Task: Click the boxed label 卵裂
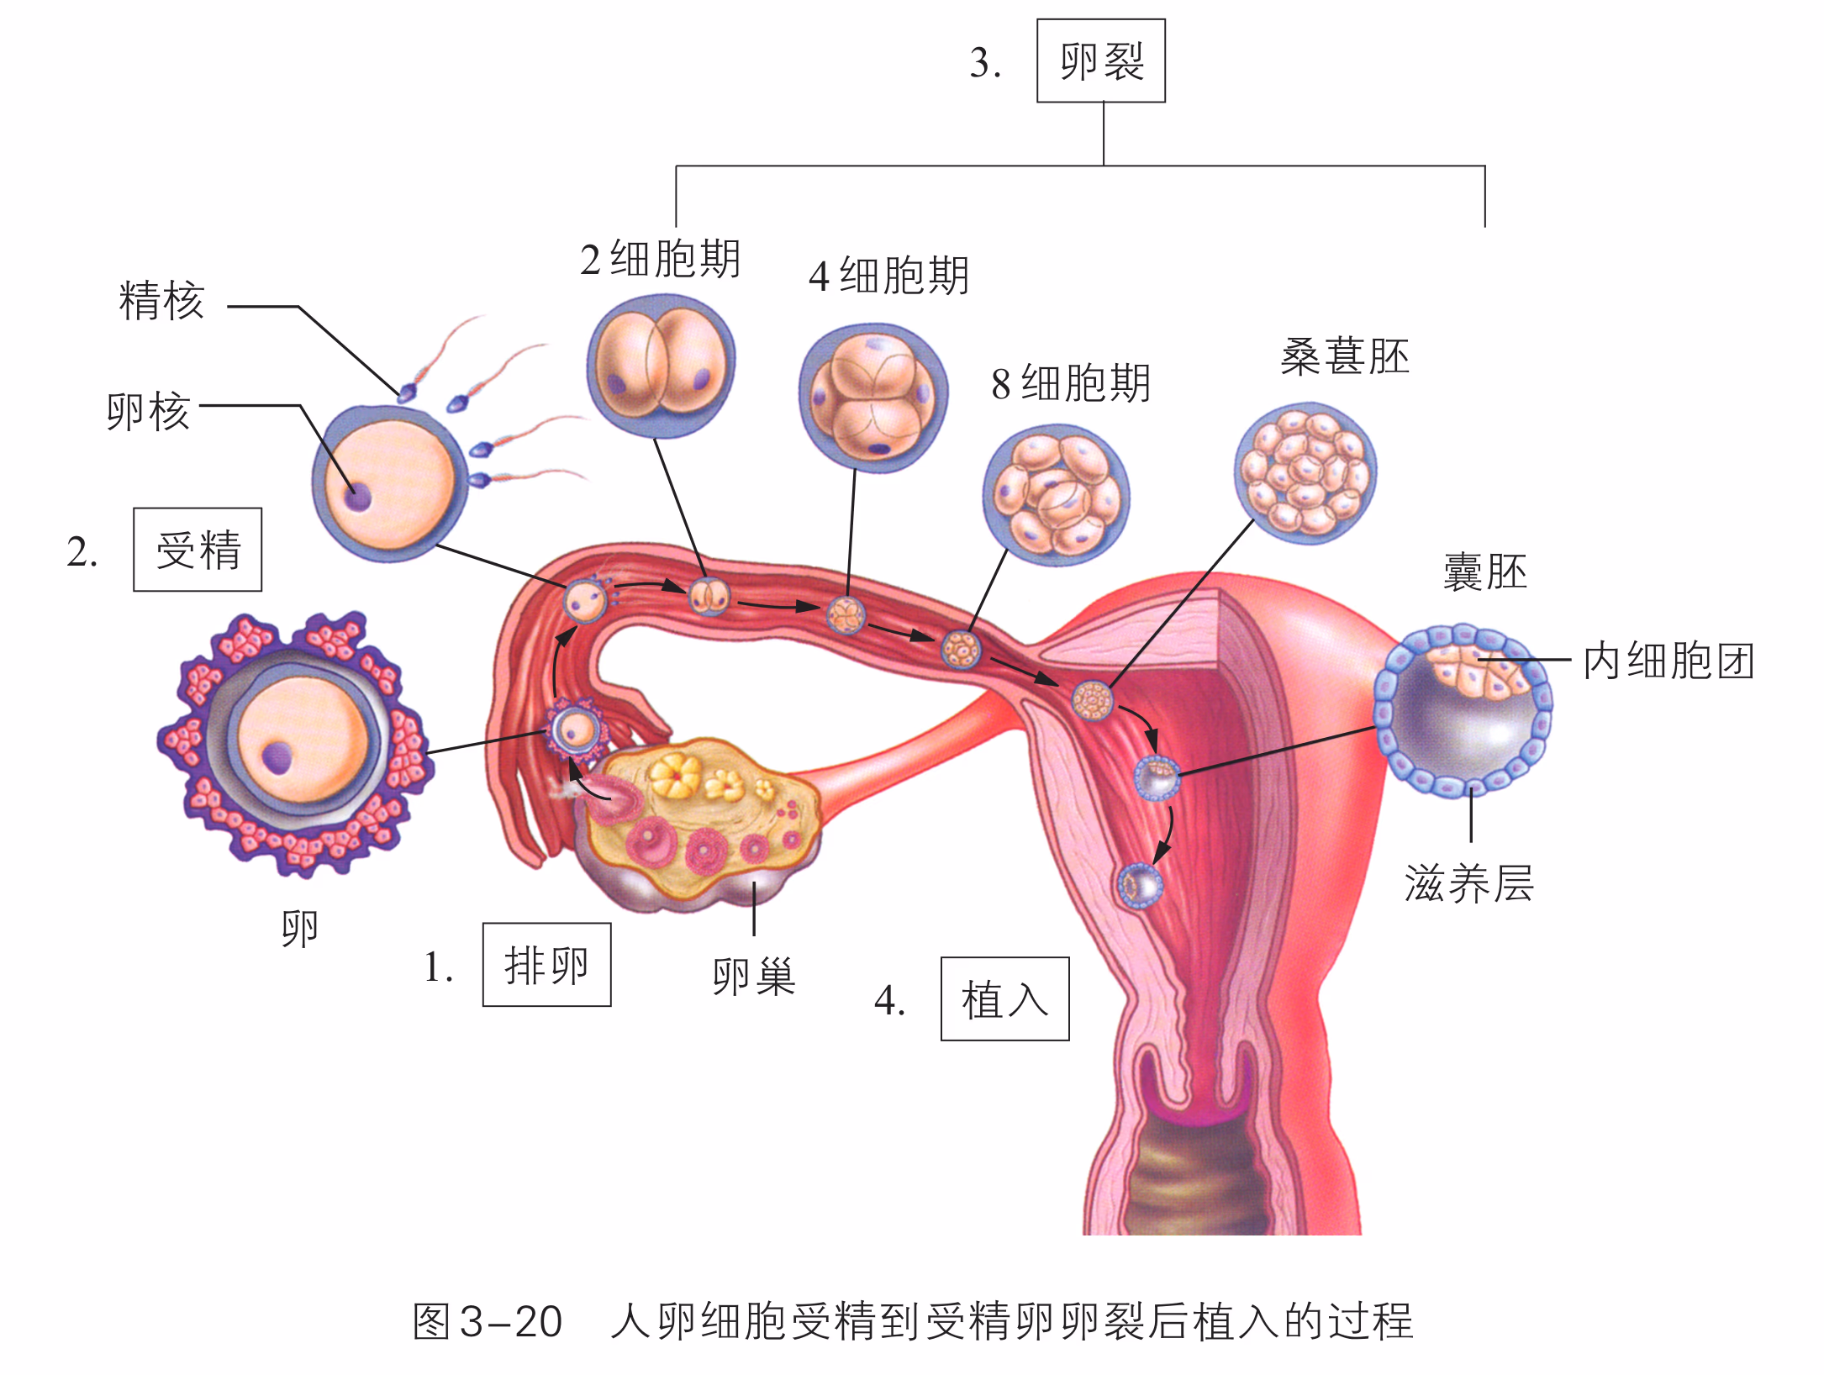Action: coord(1100,61)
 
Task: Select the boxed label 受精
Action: coord(198,551)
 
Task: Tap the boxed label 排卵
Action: coord(546,965)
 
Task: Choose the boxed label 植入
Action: coord(1004,999)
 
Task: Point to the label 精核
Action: coord(161,301)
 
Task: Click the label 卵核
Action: coord(149,412)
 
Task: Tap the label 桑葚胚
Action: coord(1344,357)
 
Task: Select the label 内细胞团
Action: coord(1668,661)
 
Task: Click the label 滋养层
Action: coord(1468,884)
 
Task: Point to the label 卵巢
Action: coord(753,976)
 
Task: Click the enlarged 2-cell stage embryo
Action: coord(661,366)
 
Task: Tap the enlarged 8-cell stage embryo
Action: coord(1056,495)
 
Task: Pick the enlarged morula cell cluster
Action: coord(1305,472)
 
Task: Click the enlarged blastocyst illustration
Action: coord(1463,710)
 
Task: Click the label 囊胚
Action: coord(1484,572)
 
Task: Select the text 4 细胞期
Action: coord(888,276)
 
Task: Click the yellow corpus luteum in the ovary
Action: coord(675,774)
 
